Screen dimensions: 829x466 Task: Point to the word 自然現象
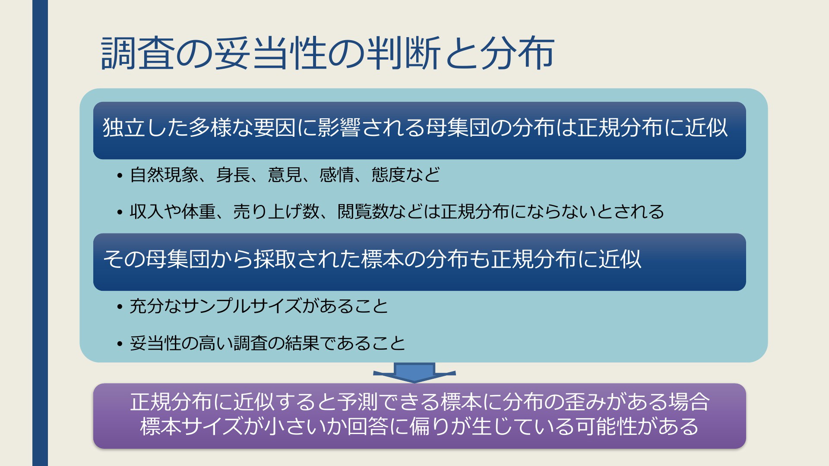164,175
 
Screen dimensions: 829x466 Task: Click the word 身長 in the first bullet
233,175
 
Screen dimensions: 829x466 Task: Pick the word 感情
337,175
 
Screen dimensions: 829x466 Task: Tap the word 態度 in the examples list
389,175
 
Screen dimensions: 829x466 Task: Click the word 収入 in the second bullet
147,211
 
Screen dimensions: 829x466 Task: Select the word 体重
199,211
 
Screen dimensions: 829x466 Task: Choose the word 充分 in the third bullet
147,306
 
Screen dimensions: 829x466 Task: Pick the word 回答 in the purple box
368,426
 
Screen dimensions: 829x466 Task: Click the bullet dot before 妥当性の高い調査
120,344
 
